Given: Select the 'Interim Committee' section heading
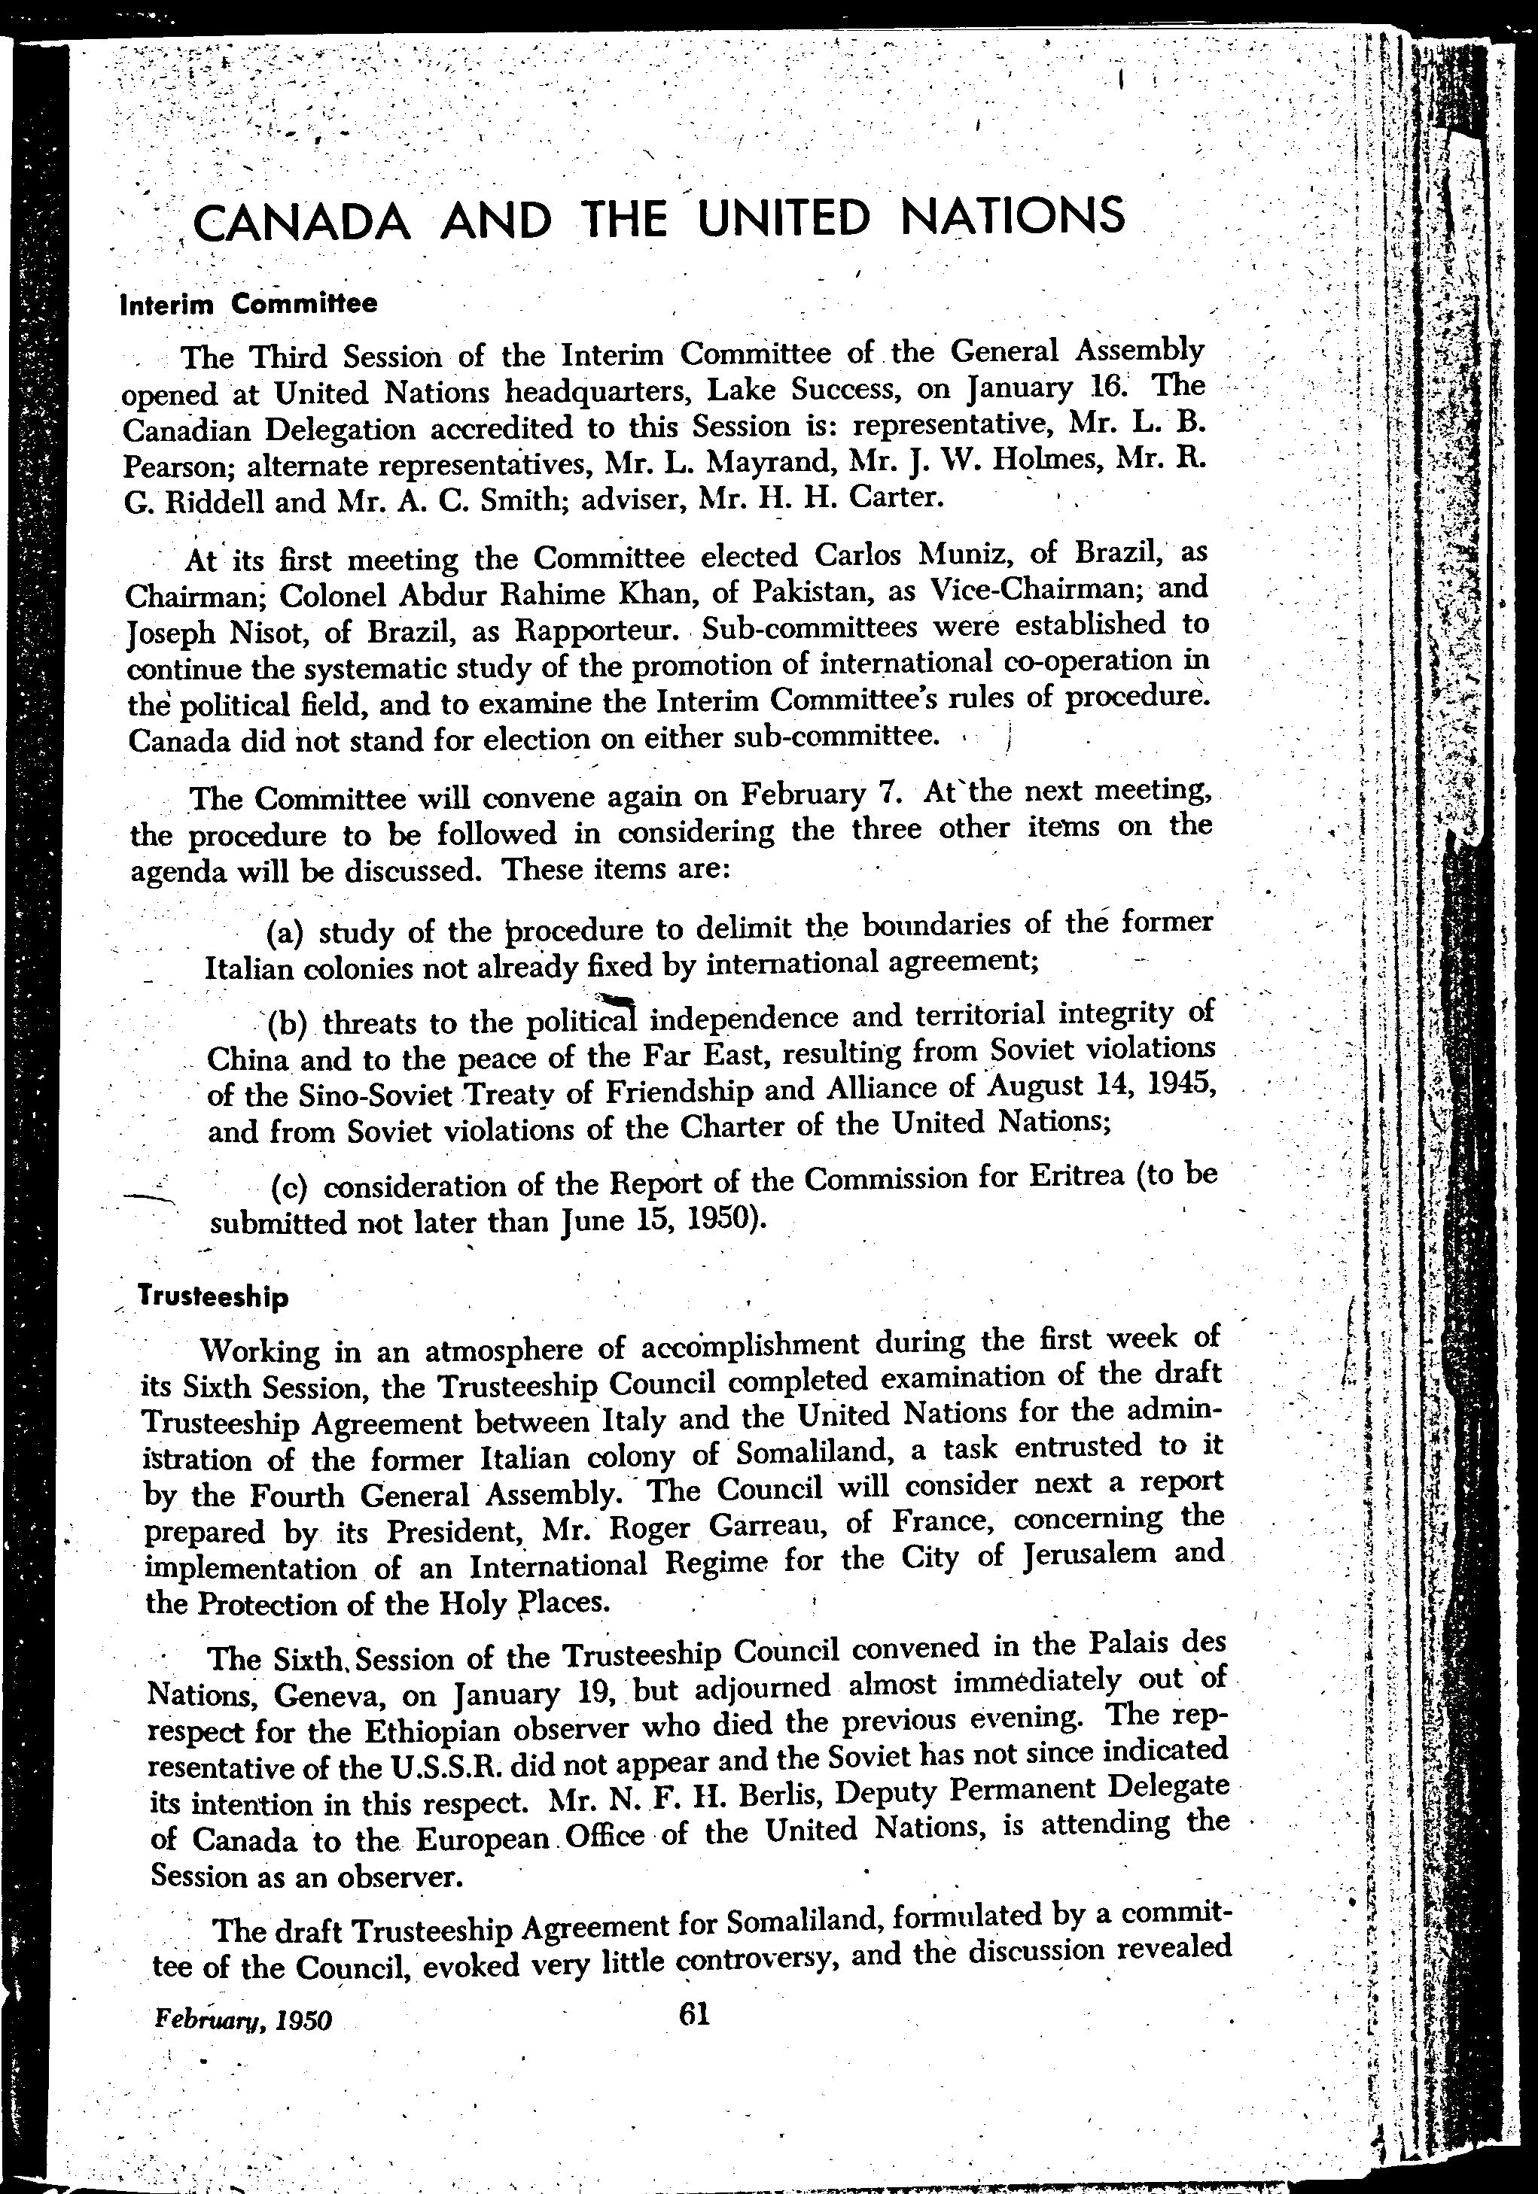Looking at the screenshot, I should click(248, 304).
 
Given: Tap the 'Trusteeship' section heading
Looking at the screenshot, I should click(213, 1296).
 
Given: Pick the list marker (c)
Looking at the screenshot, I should click(290, 1188).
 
